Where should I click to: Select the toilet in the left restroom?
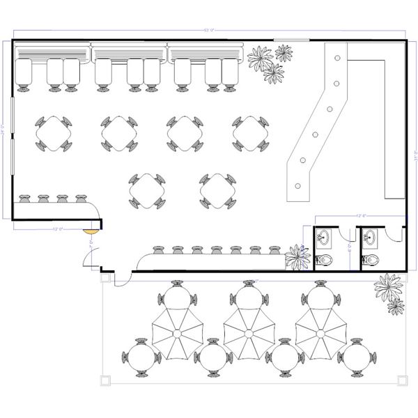pos(325,260)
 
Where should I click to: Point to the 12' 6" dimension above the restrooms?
pos(361,216)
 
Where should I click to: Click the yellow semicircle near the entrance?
pos(91,225)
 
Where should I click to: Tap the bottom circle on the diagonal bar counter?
pos(298,186)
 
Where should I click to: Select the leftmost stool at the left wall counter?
pos(25,199)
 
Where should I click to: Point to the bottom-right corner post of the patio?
pos(403,380)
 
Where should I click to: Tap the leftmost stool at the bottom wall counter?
pos(157,248)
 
